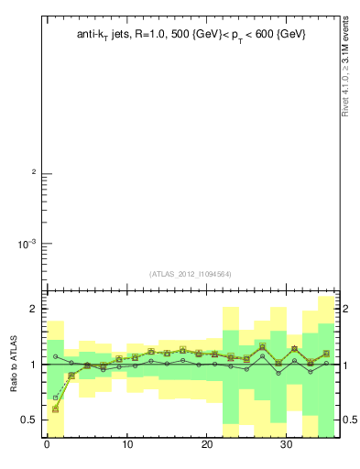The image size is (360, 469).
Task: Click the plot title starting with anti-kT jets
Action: (x=191, y=34)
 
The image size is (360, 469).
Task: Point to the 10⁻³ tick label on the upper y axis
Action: (x=27, y=244)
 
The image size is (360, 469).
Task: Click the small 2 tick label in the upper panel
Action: (x=34, y=173)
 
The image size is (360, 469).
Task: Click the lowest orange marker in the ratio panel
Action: (x=56, y=409)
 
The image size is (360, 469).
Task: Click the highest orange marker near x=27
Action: (x=262, y=347)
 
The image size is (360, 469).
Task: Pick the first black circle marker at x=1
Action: (x=56, y=356)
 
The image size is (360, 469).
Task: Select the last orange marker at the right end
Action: (x=326, y=354)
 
